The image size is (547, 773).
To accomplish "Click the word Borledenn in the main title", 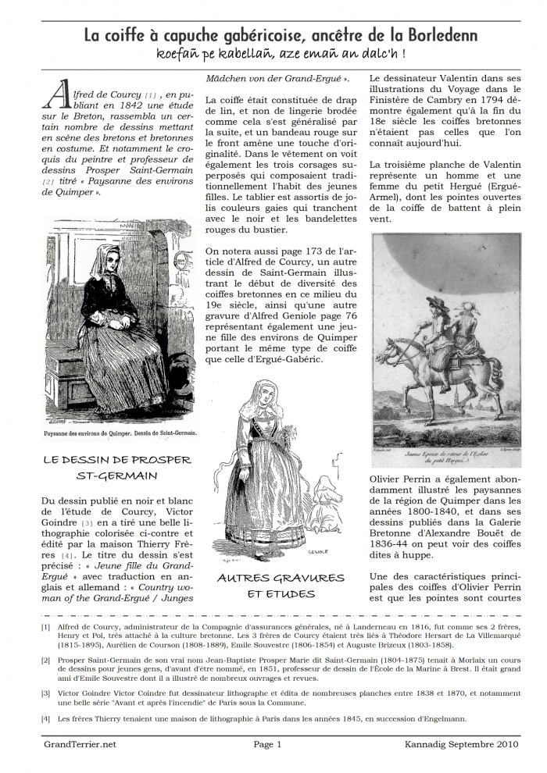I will (438, 36).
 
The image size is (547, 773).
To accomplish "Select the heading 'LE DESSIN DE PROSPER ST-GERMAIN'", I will (110, 468).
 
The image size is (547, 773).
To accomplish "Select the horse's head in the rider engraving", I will (390, 350).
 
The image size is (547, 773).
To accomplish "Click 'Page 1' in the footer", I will (267, 745).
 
